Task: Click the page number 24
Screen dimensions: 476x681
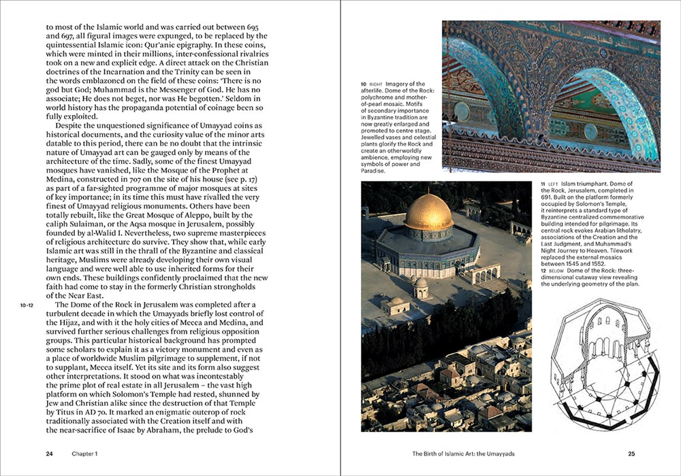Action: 50,453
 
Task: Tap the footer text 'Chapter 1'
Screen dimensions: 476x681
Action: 85,453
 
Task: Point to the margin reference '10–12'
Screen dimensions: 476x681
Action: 27,306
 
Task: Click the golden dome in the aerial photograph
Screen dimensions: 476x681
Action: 428,212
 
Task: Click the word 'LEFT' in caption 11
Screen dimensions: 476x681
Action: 552,185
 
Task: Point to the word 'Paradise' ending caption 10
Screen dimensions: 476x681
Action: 373,171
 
